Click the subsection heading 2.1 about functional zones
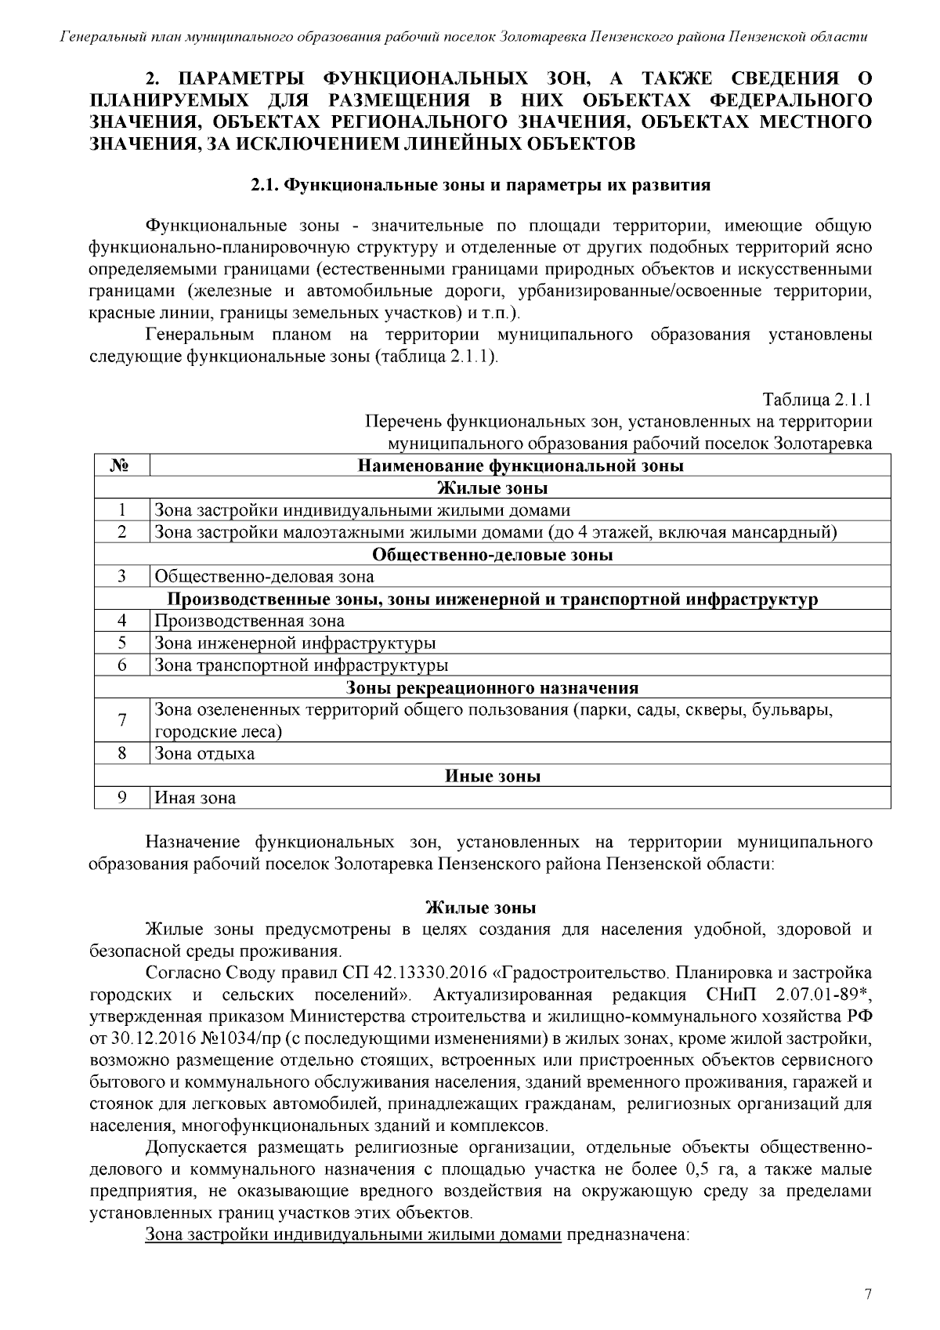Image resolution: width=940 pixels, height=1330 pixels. click(x=480, y=186)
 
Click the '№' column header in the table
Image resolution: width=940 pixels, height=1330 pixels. click(x=121, y=466)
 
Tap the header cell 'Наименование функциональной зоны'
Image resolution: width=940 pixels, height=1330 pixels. click(x=520, y=466)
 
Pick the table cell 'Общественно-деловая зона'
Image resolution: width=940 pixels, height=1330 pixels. click(x=264, y=578)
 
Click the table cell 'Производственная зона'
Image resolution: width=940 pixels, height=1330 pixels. click(x=249, y=622)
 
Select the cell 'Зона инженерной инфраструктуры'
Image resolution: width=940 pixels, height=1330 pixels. click(x=295, y=643)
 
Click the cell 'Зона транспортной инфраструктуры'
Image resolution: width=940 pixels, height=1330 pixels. click(x=301, y=666)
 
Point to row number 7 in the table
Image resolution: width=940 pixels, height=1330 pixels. click(x=121, y=721)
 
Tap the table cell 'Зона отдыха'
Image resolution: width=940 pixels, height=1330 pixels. click(x=204, y=754)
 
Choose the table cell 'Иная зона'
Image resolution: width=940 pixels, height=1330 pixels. click(x=195, y=799)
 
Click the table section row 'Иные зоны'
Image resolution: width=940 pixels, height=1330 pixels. click(x=493, y=777)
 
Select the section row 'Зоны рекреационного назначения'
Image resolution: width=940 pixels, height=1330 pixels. click(x=493, y=688)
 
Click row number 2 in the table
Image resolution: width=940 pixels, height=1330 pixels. click(x=121, y=533)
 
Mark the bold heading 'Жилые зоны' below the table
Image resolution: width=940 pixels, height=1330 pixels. click(x=480, y=908)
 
